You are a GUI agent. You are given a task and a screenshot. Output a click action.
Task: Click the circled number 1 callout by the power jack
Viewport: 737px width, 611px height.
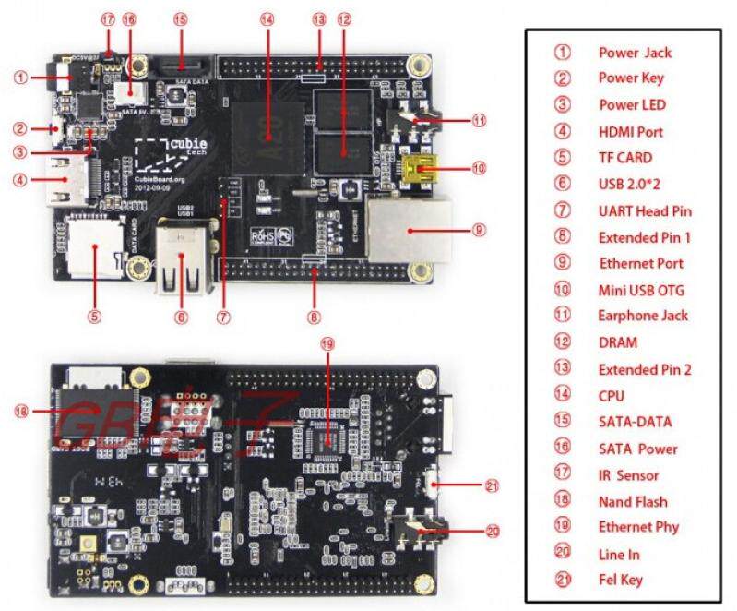tap(21, 78)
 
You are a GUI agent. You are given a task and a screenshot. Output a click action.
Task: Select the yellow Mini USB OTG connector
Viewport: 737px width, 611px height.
tap(421, 167)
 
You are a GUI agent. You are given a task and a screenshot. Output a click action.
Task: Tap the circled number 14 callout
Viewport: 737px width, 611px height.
tap(267, 18)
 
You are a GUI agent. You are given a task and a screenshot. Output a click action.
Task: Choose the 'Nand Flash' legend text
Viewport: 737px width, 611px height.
tap(632, 502)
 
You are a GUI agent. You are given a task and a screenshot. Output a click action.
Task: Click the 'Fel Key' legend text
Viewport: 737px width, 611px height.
tap(621, 581)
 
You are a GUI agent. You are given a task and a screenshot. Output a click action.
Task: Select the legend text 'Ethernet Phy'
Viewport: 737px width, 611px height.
tap(638, 527)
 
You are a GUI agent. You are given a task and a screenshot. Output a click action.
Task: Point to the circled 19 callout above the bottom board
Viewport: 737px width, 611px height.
tap(324, 343)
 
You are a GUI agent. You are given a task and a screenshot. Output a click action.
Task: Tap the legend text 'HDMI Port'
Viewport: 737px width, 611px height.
tap(630, 132)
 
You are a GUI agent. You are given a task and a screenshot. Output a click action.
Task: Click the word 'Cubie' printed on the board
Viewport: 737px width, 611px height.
tap(189, 144)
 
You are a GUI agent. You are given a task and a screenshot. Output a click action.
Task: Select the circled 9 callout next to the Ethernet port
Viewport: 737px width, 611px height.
tap(478, 227)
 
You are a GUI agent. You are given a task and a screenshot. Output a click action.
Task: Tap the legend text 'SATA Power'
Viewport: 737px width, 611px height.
tap(637, 449)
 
